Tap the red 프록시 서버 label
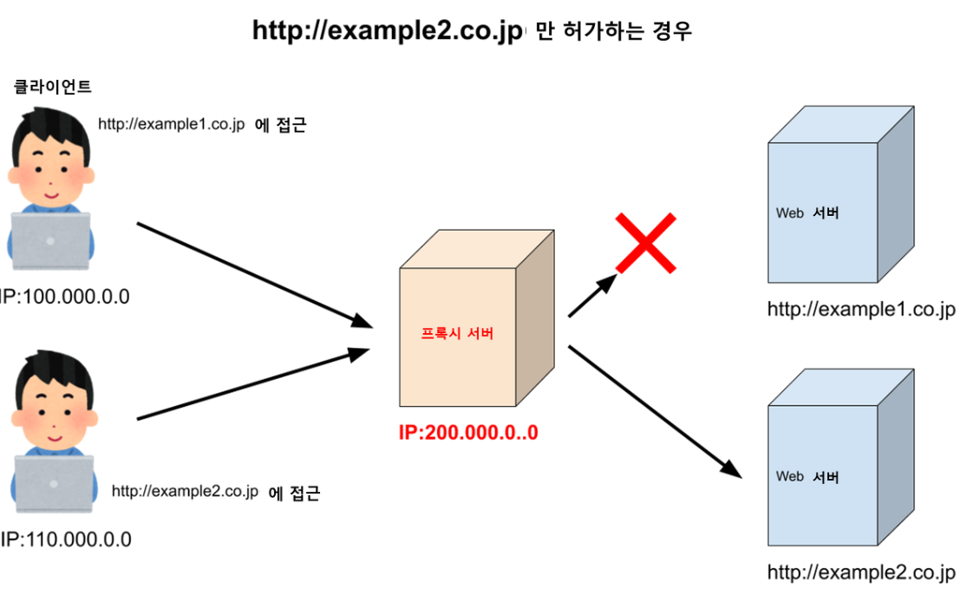(457, 334)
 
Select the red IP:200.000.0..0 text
(468, 432)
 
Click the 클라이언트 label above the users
(53, 87)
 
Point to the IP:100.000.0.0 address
(66, 297)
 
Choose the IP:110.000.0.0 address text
(67, 539)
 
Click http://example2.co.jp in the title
(388, 31)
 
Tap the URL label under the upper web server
(861, 311)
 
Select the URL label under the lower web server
(861, 572)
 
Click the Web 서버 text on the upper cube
(807, 212)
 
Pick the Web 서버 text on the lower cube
(807, 476)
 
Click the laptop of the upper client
(50, 240)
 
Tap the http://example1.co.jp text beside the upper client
(172, 125)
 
